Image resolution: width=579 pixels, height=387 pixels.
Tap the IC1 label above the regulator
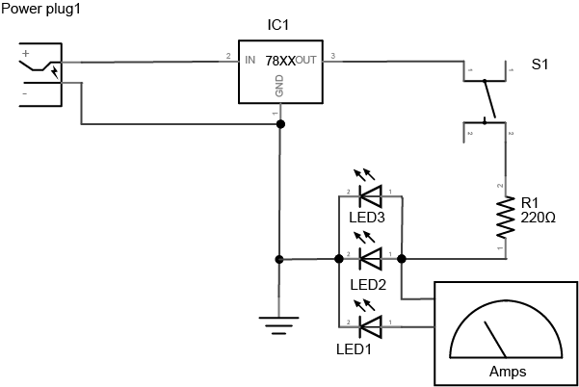click(x=278, y=23)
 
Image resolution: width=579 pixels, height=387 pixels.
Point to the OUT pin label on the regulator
click(x=306, y=60)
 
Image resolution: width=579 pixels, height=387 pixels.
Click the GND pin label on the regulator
click(x=279, y=87)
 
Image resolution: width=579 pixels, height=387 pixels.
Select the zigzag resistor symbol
click(x=504, y=219)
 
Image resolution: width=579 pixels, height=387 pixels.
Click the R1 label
click(x=530, y=203)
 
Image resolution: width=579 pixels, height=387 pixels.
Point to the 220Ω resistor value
click(x=538, y=219)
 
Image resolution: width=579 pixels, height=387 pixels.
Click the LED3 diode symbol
click(x=370, y=196)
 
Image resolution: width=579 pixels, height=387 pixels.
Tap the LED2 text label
click(x=367, y=286)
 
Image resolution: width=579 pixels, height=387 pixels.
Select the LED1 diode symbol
click(x=370, y=324)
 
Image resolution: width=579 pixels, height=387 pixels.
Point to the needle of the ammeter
click(x=496, y=339)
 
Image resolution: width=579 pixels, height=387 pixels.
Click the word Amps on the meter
click(x=508, y=371)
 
